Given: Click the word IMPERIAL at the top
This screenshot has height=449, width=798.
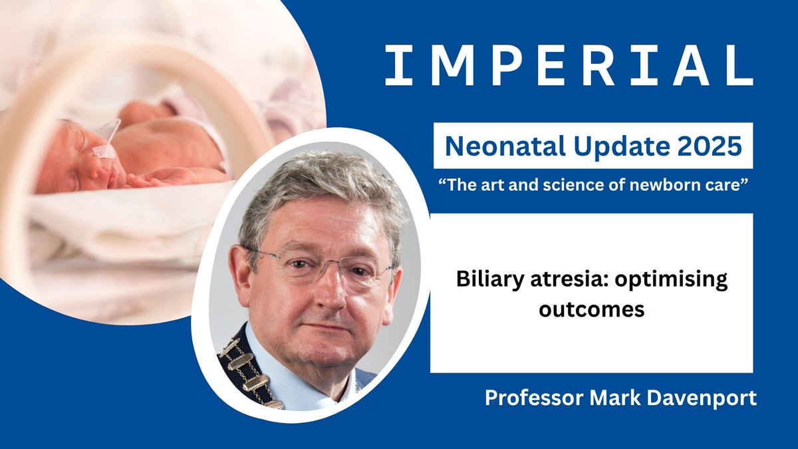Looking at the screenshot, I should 569,66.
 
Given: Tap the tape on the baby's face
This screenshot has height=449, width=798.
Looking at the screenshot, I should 104,150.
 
